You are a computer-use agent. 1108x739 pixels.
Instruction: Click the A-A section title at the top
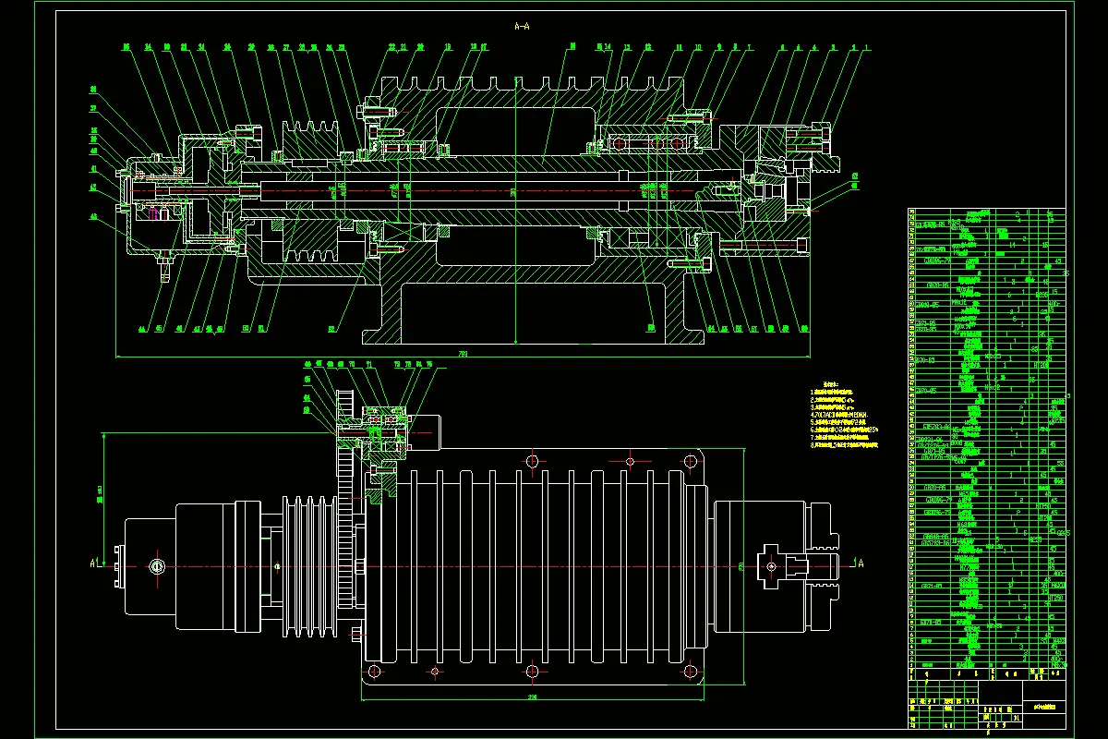pos(522,27)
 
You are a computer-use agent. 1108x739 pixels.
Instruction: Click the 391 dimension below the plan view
pos(533,696)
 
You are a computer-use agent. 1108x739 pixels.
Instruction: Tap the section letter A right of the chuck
pos(860,563)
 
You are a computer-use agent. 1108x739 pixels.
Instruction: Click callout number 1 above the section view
pos(867,47)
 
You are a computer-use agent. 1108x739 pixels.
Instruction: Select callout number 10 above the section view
pos(698,47)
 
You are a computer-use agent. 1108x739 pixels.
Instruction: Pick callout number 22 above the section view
pos(391,47)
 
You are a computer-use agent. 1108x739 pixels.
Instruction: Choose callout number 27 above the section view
pos(287,47)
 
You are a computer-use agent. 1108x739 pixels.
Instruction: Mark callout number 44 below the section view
pos(142,329)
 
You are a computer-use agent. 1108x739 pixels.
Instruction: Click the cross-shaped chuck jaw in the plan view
pos(774,564)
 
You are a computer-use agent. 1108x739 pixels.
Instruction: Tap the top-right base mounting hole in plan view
pos(690,461)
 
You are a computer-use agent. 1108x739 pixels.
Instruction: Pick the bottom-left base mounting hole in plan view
pos(374,670)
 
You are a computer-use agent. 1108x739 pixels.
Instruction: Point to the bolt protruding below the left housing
pos(164,272)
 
